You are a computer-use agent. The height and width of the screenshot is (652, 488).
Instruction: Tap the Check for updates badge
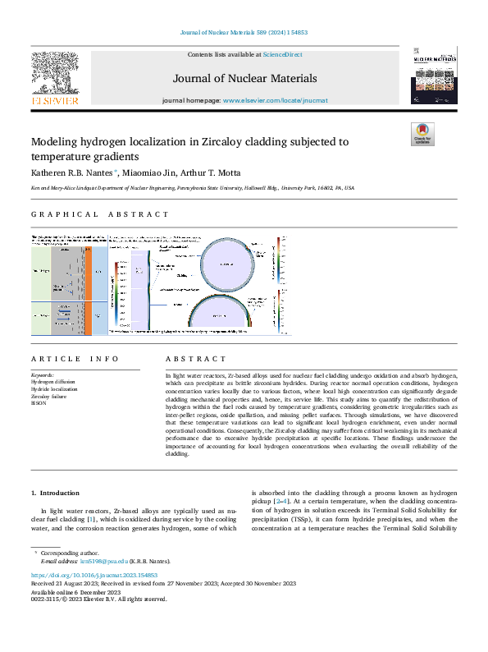pos(422,135)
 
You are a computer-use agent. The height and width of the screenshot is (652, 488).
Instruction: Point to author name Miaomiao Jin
pos(152,172)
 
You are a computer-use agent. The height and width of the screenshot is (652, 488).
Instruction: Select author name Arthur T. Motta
pos(213,172)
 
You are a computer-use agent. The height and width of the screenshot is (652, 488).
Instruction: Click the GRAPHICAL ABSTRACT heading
pos(100,214)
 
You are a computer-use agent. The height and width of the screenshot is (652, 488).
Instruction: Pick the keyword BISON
pos(39,403)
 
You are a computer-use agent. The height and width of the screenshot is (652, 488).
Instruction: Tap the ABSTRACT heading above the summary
pos(195,359)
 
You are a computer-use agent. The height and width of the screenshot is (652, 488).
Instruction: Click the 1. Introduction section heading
pos(57,493)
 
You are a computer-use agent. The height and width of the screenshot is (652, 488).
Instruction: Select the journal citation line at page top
pos(244,33)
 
